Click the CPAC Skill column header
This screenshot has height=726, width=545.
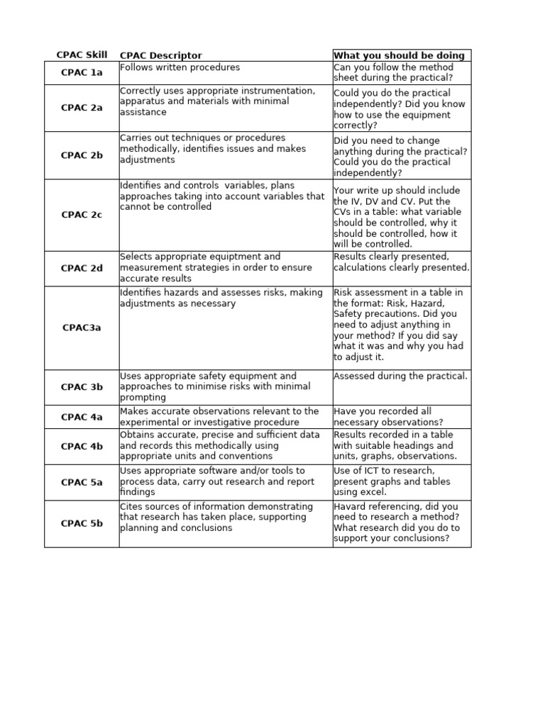pos(82,55)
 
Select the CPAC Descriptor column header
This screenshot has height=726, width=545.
pos(160,55)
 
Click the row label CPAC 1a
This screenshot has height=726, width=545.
pos(82,72)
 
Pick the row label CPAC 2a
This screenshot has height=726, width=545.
pos(82,108)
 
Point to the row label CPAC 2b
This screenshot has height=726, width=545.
pos(82,155)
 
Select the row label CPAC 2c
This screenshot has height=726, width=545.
pos(82,215)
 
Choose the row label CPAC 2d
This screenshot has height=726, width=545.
pos(82,268)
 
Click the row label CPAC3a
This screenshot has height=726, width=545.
pos(82,328)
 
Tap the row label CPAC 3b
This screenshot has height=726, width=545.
pos(82,387)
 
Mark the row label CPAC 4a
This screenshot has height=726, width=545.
pos(82,417)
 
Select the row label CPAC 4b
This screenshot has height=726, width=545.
pos(82,446)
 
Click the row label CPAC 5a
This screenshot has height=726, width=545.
pos(82,482)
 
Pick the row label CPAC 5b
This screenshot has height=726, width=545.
pos(82,523)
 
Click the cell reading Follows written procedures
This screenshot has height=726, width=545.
pos(180,67)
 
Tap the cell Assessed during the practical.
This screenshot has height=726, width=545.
pos(400,376)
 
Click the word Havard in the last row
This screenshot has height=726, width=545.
pos(350,506)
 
